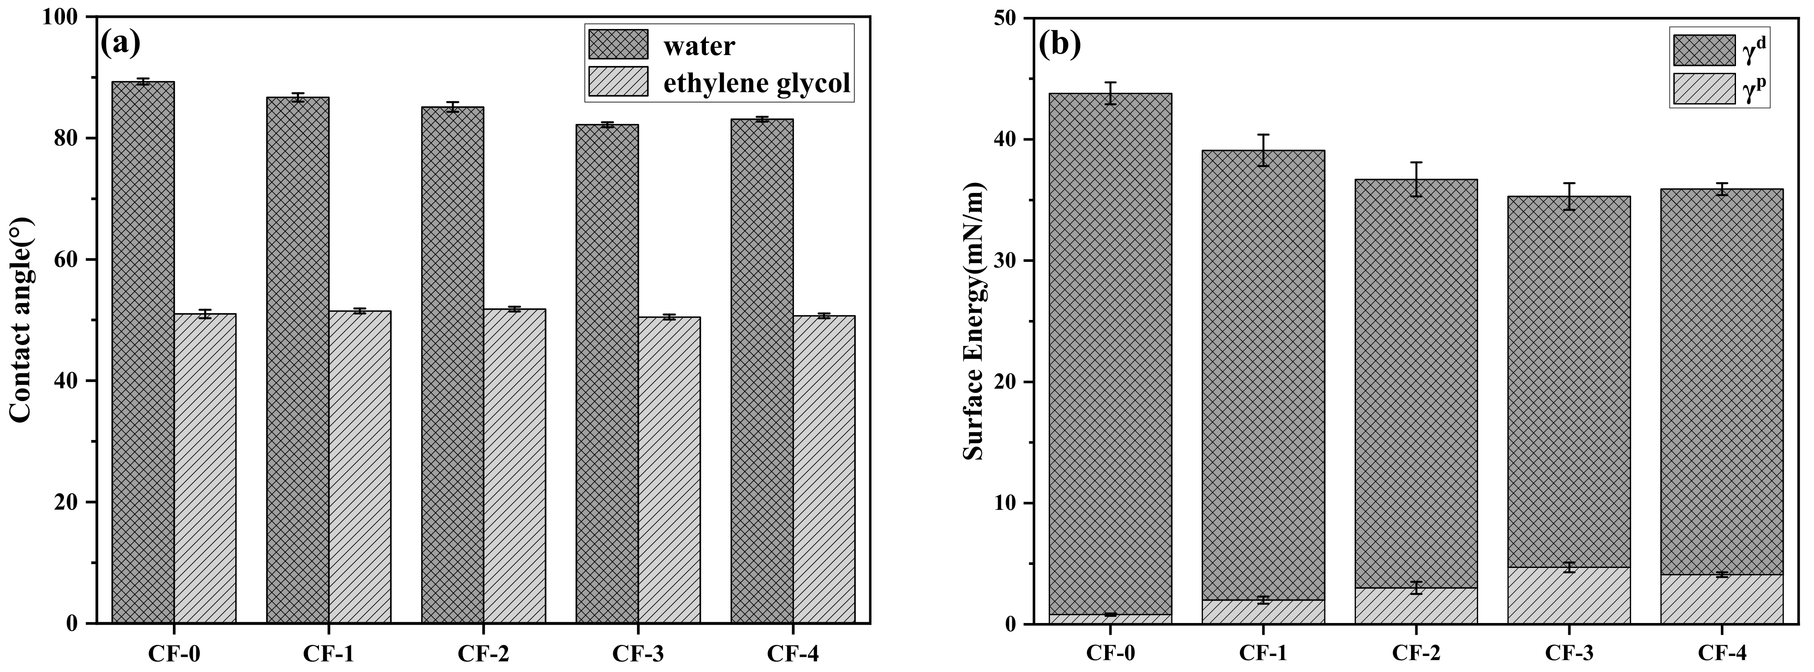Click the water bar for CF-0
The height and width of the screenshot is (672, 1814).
[x=143, y=352]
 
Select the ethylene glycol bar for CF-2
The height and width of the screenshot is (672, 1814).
[x=514, y=465]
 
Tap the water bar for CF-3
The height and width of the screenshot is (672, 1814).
[x=607, y=373]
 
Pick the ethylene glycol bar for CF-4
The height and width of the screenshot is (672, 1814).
[x=824, y=468]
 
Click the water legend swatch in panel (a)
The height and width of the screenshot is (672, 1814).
[x=618, y=44]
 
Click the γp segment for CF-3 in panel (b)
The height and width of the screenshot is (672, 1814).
[x=1569, y=595]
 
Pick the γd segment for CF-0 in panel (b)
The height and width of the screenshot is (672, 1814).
[x=1110, y=352]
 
